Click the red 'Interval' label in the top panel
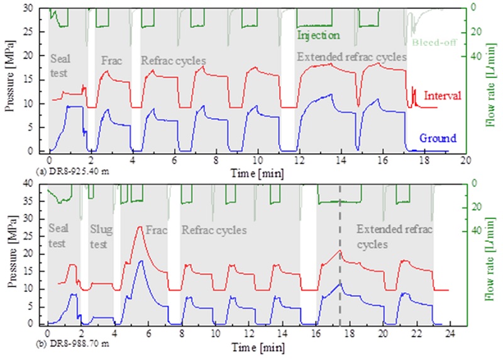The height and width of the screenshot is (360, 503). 443,96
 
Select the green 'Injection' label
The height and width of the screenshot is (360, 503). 318,35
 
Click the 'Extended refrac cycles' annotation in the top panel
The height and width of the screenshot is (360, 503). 351,57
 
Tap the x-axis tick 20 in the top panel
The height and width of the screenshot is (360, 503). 465,160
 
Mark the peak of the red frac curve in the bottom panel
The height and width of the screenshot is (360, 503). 140,227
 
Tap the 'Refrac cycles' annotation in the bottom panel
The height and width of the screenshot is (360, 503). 213,230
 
